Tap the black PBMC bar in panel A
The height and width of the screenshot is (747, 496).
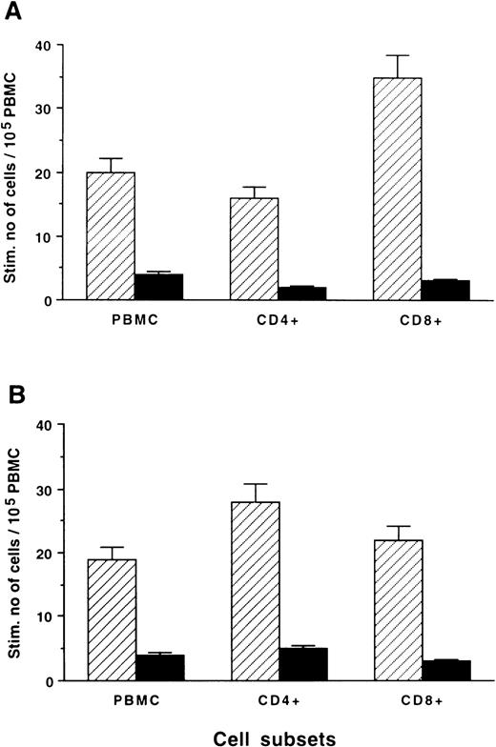pyautogui.click(x=158, y=287)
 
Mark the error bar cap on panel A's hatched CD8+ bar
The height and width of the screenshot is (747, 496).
pyautogui.click(x=398, y=55)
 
